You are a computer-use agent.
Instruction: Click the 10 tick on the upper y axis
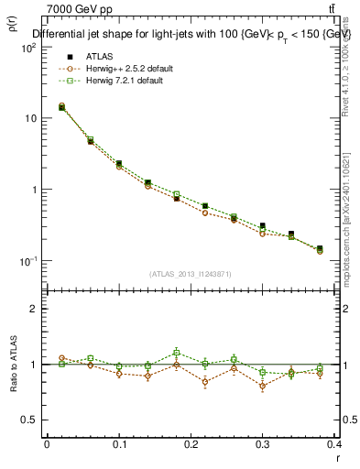tap(29, 118)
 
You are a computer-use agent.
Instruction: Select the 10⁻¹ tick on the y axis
tap(27, 261)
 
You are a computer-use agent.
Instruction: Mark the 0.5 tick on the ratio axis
tap(29, 420)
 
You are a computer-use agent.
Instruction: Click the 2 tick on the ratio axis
tap(33, 309)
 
